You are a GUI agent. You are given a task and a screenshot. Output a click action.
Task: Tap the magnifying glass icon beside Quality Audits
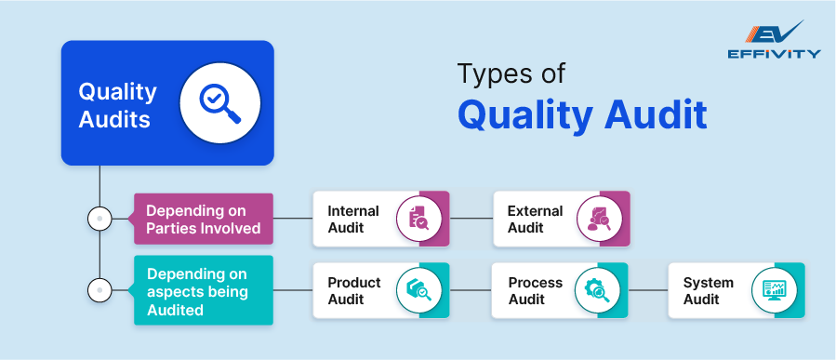(x=220, y=103)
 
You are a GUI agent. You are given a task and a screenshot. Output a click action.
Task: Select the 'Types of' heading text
(x=511, y=74)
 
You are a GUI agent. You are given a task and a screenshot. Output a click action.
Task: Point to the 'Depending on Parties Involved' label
(x=203, y=219)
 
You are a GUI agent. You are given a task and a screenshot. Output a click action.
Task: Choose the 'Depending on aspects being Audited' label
(x=203, y=290)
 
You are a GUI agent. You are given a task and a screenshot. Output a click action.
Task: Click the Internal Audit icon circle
(x=419, y=219)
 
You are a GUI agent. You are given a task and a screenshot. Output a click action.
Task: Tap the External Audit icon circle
(x=600, y=219)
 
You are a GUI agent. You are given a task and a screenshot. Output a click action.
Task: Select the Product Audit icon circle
(x=419, y=290)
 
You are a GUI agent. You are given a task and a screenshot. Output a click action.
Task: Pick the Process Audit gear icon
(x=598, y=290)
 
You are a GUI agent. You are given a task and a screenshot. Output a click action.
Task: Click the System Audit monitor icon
(x=774, y=290)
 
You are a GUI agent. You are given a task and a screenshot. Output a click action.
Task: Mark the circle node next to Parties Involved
(x=100, y=218)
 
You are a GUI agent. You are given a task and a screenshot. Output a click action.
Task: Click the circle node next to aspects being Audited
(x=100, y=290)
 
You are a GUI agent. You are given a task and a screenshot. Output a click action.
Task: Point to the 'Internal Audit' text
(x=353, y=219)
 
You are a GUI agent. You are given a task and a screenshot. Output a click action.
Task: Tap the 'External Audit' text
(x=535, y=219)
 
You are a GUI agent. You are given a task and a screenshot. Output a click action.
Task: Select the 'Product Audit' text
(x=354, y=290)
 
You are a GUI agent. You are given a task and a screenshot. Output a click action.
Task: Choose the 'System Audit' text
(x=708, y=290)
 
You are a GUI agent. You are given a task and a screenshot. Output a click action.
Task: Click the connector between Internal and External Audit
(x=471, y=218)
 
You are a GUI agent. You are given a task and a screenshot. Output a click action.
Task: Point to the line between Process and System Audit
(x=648, y=290)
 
